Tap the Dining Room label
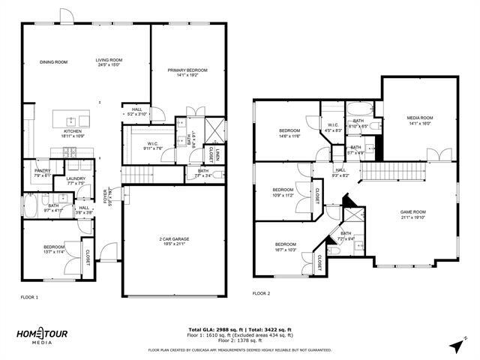tap(54, 62)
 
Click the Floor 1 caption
tap(31, 298)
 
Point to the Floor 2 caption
tap(261, 293)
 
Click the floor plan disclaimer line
tap(240, 350)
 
